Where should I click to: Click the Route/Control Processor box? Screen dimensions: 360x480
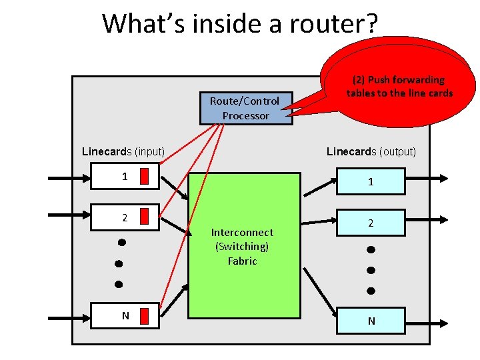(x=245, y=108)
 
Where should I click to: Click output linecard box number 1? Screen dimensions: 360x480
(x=371, y=182)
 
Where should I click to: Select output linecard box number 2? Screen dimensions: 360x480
(x=371, y=223)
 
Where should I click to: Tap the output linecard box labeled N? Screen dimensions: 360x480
(x=371, y=321)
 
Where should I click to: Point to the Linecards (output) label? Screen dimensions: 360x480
(x=371, y=151)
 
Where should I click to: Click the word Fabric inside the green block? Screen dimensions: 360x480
(x=242, y=261)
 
